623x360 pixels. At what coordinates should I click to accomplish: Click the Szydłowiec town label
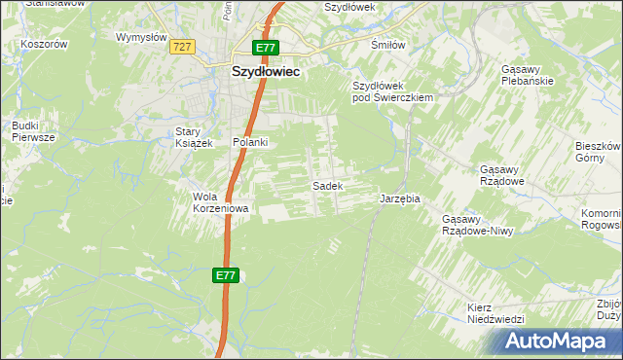tap(266, 71)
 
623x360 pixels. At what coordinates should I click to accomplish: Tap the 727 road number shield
tap(180, 46)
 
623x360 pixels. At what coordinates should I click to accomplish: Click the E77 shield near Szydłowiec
tap(266, 47)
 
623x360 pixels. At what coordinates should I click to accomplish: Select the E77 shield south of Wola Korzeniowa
tap(225, 276)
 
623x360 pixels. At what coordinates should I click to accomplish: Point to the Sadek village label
tap(325, 185)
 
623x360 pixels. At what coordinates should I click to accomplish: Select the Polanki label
tap(250, 142)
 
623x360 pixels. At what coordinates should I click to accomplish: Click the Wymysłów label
tap(137, 37)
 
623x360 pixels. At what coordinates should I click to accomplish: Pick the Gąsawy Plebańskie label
tap(527, 76)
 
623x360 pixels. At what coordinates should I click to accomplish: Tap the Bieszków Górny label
tap(598, 151)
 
